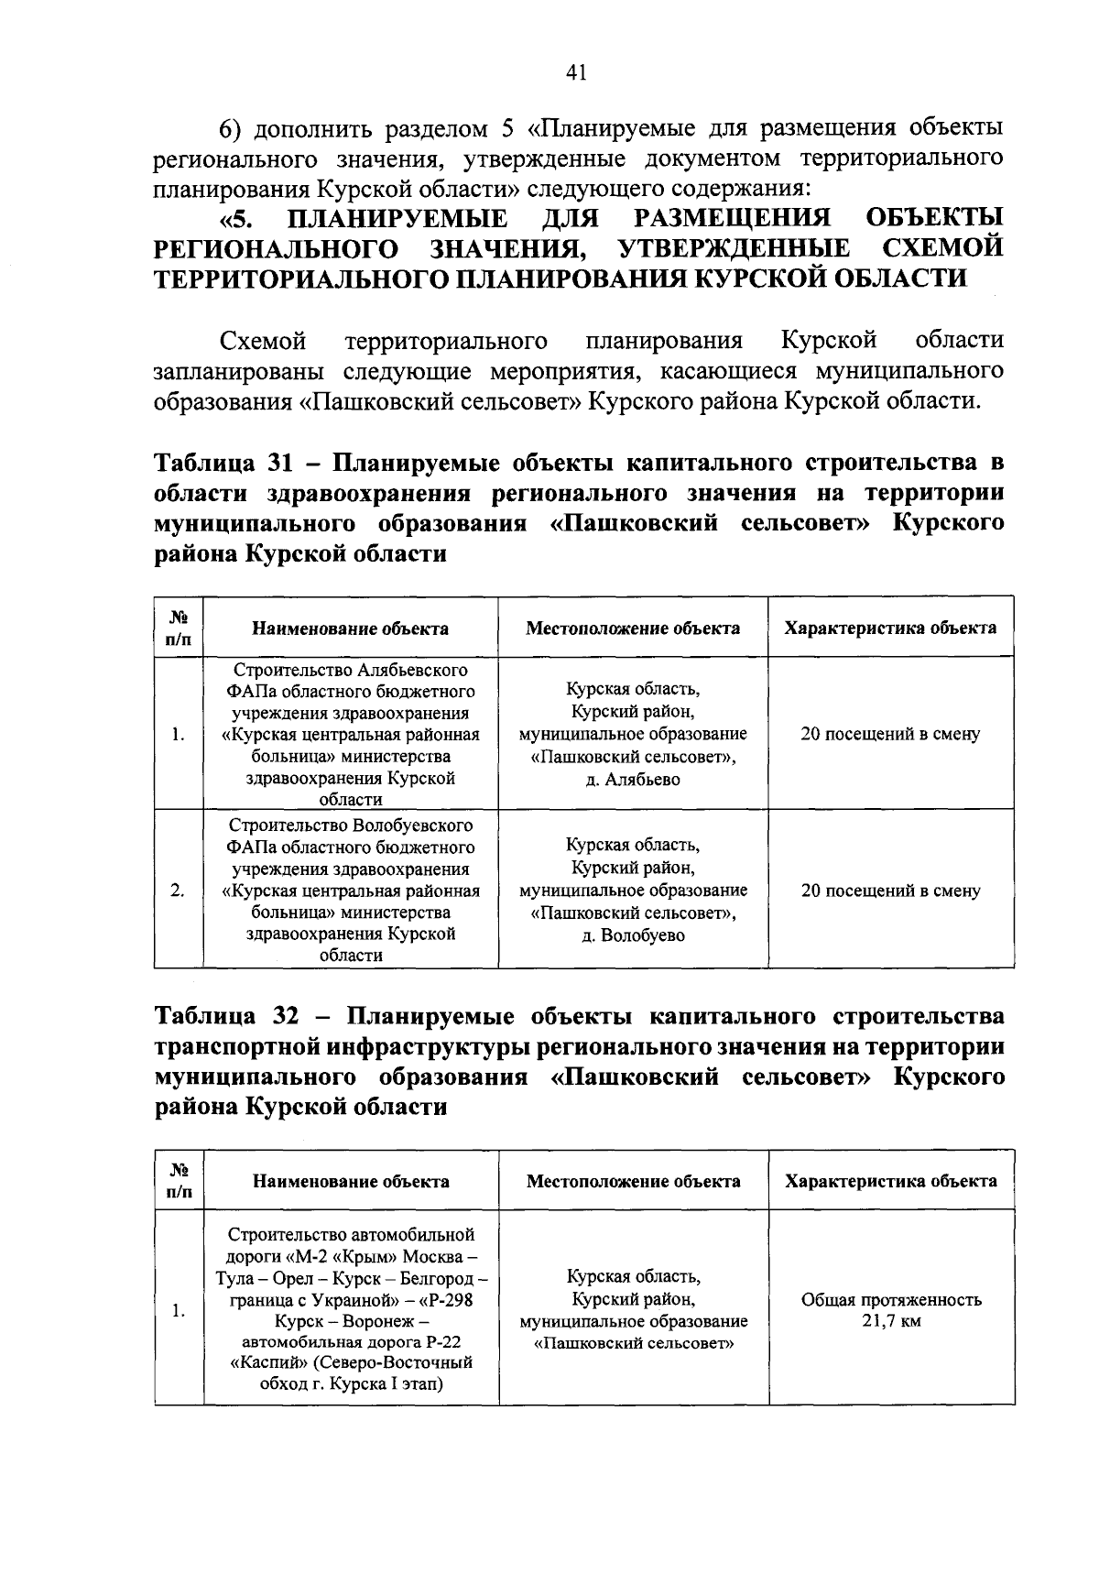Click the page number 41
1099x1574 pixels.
coord(575,73)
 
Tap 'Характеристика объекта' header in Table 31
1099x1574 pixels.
coord(890,628)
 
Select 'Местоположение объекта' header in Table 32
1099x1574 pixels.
coord(633,1181)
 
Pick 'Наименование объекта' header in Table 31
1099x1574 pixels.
coord(351,629)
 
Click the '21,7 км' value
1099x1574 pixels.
coord(891,1321)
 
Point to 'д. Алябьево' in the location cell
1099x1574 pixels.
coord(633,780)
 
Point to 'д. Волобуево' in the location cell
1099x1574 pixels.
coord(633,935)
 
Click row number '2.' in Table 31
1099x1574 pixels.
coord(179,890)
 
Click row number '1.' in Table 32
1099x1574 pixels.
coord(179,1311)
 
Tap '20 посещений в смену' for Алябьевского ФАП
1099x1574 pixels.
coord(890,734)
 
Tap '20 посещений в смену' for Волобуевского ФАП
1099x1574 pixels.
coord(890,890)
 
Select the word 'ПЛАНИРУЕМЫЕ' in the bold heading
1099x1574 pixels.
coord(397,219)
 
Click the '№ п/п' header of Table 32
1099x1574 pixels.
coord(179,1181)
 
